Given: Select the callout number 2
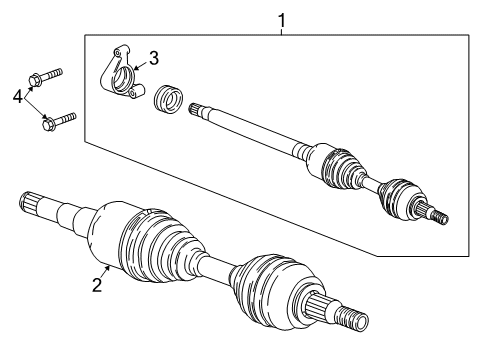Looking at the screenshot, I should pyautogui.click(x=96, y=286).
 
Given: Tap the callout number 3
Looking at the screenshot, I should pyautogui.click(x=153, y=57).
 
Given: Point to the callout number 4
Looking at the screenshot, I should pyautogui.click(x=15, y=97).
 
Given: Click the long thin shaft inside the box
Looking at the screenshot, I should pyautogui.click(x=250, y=131).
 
